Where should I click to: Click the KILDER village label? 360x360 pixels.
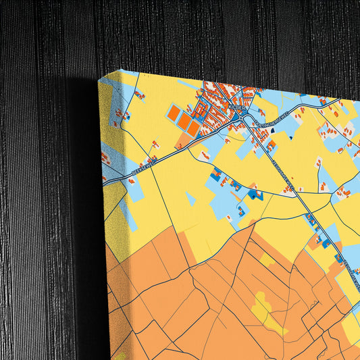pos(237,107)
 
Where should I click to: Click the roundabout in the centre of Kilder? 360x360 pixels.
pos(241,118)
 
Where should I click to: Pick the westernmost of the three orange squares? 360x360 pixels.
pos(174,113)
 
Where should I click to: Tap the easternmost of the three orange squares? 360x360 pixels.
pos(193,128)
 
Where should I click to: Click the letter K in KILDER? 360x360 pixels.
pos(230,105)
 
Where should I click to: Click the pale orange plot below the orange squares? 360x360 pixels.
pos(183,140)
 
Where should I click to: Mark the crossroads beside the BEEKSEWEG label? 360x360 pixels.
pos(150,167)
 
